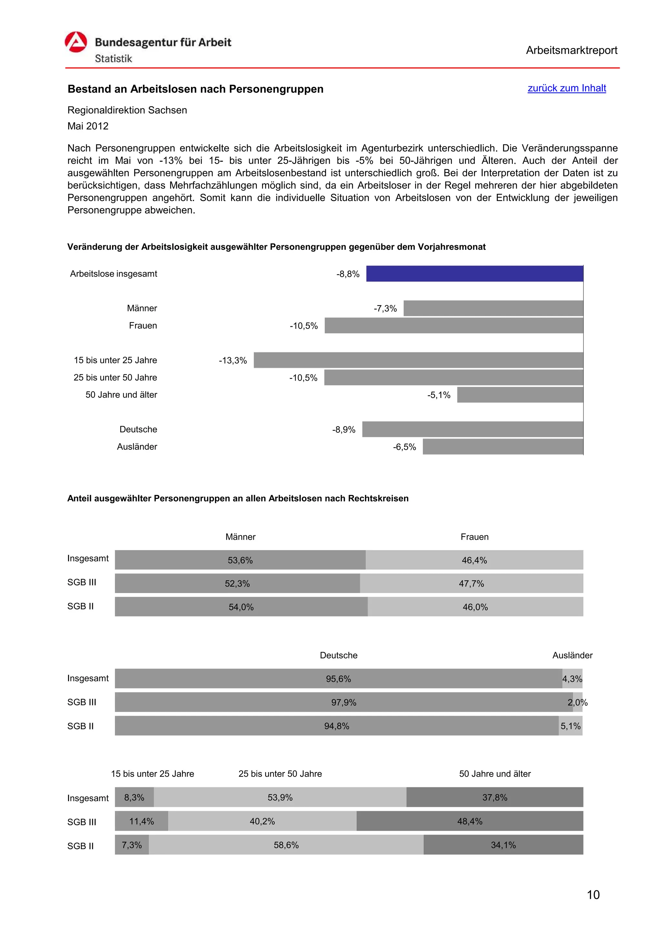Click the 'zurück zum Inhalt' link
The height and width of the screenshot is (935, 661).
pos(566,88)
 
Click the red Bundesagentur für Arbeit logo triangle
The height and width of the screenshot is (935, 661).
pos(76,42)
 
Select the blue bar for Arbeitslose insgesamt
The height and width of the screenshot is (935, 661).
pos(474,274)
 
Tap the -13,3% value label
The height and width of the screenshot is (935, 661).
pos(233,360)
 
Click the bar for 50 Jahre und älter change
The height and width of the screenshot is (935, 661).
pos(520,395)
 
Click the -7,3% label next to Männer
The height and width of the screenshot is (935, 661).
pos(385,308)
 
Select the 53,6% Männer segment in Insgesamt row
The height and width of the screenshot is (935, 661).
pos(240,560)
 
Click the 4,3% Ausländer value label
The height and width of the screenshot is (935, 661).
pos(572,679)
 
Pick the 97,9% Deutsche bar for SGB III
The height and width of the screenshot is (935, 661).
pos(343,702)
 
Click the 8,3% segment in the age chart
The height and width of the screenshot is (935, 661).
pos(134,797)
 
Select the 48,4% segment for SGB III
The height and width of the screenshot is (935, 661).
pos(470,821)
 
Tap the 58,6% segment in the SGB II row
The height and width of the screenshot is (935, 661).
pos(286,845)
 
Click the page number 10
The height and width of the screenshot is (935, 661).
pos(593,895)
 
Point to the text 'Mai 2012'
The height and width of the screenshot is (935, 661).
pos(88,126)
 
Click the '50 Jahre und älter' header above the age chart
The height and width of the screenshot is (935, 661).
pos(494,774)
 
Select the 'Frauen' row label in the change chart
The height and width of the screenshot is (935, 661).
pos(143,325)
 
